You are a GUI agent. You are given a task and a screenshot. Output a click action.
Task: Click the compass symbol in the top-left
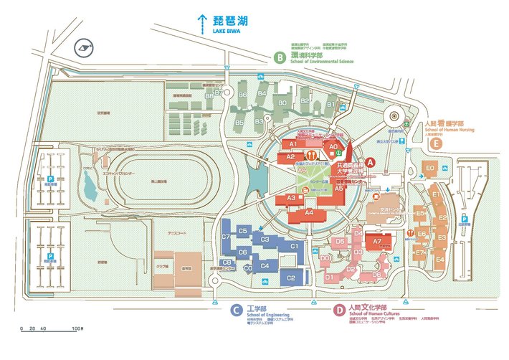[85, 49]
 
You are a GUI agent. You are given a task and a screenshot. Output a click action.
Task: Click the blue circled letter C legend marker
[235, 311]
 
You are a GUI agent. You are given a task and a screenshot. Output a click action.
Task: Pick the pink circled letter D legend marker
[338, 311]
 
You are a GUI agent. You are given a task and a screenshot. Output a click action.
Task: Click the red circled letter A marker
[371, 163]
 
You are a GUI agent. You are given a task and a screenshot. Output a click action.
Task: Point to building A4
[310, 212]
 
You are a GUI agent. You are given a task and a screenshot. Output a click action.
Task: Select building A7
[377, 242]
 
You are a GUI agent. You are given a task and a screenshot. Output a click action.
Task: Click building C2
[291, 278]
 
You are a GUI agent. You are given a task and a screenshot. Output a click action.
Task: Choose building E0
[430, 169]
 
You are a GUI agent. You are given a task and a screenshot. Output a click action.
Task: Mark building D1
[330, 276]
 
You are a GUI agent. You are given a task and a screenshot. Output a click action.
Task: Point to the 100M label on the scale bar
[77, 328]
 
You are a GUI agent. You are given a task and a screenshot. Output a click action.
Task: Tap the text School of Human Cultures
[374, 314]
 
